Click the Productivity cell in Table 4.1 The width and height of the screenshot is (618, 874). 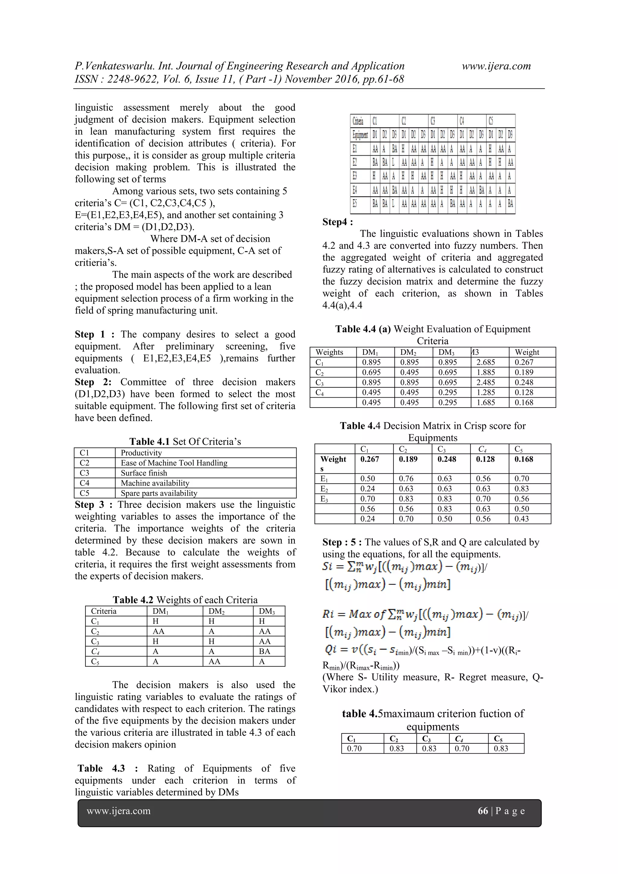click(x=141, y=453)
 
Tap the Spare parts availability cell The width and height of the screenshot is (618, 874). click(x=159, y=493)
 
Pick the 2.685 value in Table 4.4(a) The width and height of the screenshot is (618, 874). click(x=486, y=362)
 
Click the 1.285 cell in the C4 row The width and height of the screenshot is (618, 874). click(x=486, y=393)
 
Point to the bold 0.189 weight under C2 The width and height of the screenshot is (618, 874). click(x=408, y=459)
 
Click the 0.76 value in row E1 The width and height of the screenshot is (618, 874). click(x=406, y=478)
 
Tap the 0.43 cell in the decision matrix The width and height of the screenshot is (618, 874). click(x=522, y=519)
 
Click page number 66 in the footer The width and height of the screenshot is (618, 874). click(x=483, y=811)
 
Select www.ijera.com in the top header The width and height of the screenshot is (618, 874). click(x=496, y=66)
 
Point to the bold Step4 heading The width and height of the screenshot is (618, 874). click(x=337, y=222)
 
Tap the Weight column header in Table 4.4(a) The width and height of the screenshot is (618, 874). click(x=527, y=352)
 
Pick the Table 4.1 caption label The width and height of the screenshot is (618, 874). click(x=149, y=442)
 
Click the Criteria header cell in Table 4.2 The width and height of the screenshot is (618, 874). click(x=104, y=611)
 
